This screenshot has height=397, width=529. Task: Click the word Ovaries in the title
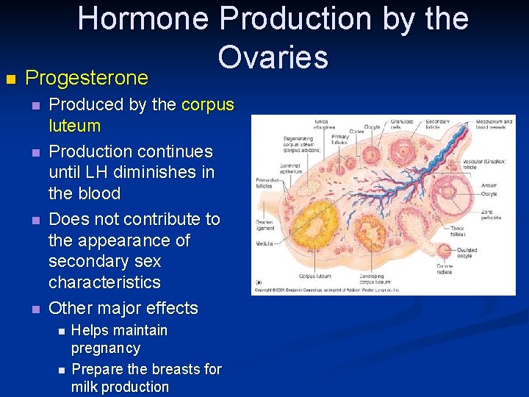273,55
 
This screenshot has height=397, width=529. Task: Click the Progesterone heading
87,78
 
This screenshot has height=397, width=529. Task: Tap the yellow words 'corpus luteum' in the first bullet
206,105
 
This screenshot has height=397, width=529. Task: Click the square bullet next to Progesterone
10,78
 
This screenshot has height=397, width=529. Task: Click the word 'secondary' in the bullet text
83,262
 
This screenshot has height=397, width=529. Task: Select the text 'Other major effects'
123,308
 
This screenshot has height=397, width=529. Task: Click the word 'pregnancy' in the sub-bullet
105,348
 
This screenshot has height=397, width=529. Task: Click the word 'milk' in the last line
84,387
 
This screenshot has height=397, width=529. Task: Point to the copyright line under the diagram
327,290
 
